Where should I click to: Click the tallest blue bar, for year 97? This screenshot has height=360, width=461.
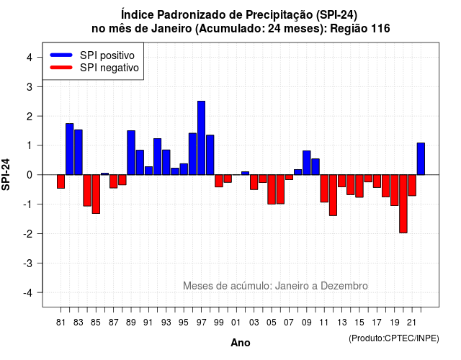pos(202,138)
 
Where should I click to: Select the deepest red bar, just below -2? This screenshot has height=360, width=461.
pos(403,204)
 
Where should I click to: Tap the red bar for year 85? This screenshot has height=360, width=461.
pos(96,194)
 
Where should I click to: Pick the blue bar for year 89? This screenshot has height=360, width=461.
pos(131,153)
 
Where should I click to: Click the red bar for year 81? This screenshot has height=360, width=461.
pos(61,181)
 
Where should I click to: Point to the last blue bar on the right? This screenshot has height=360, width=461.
pos(421,158)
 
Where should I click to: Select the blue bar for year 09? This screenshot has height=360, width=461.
pos(307,163)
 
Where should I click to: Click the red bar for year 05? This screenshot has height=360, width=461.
pos(272,189)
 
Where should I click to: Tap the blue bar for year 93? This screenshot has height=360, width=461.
pos(166,162)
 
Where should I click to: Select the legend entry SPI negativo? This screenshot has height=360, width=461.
pos(94,68)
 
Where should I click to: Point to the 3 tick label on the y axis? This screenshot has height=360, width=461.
pos(30,86)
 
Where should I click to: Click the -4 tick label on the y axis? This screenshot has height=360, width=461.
pos(28,293)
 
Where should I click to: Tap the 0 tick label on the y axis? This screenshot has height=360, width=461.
pos(30,175)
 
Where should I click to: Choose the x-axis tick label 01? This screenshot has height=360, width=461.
pos(236,323)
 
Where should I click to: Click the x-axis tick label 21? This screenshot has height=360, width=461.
pos(411,323)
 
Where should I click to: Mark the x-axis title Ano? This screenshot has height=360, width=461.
pos(241,343)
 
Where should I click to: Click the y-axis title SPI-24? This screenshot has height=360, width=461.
pos(6,174)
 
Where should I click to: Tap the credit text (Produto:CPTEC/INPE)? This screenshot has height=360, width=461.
pos(394,338)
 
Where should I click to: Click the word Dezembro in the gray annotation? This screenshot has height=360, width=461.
pos(344,286)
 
